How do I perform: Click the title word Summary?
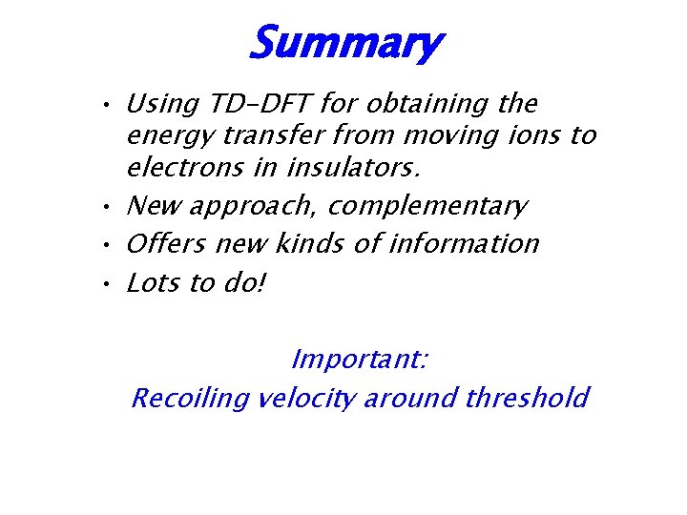click(344, 43)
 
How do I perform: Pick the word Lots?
click(154, 283)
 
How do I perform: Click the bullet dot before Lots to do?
click(111, 284)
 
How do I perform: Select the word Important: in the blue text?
click(359, 360)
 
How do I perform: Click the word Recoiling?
click(190, 398)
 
